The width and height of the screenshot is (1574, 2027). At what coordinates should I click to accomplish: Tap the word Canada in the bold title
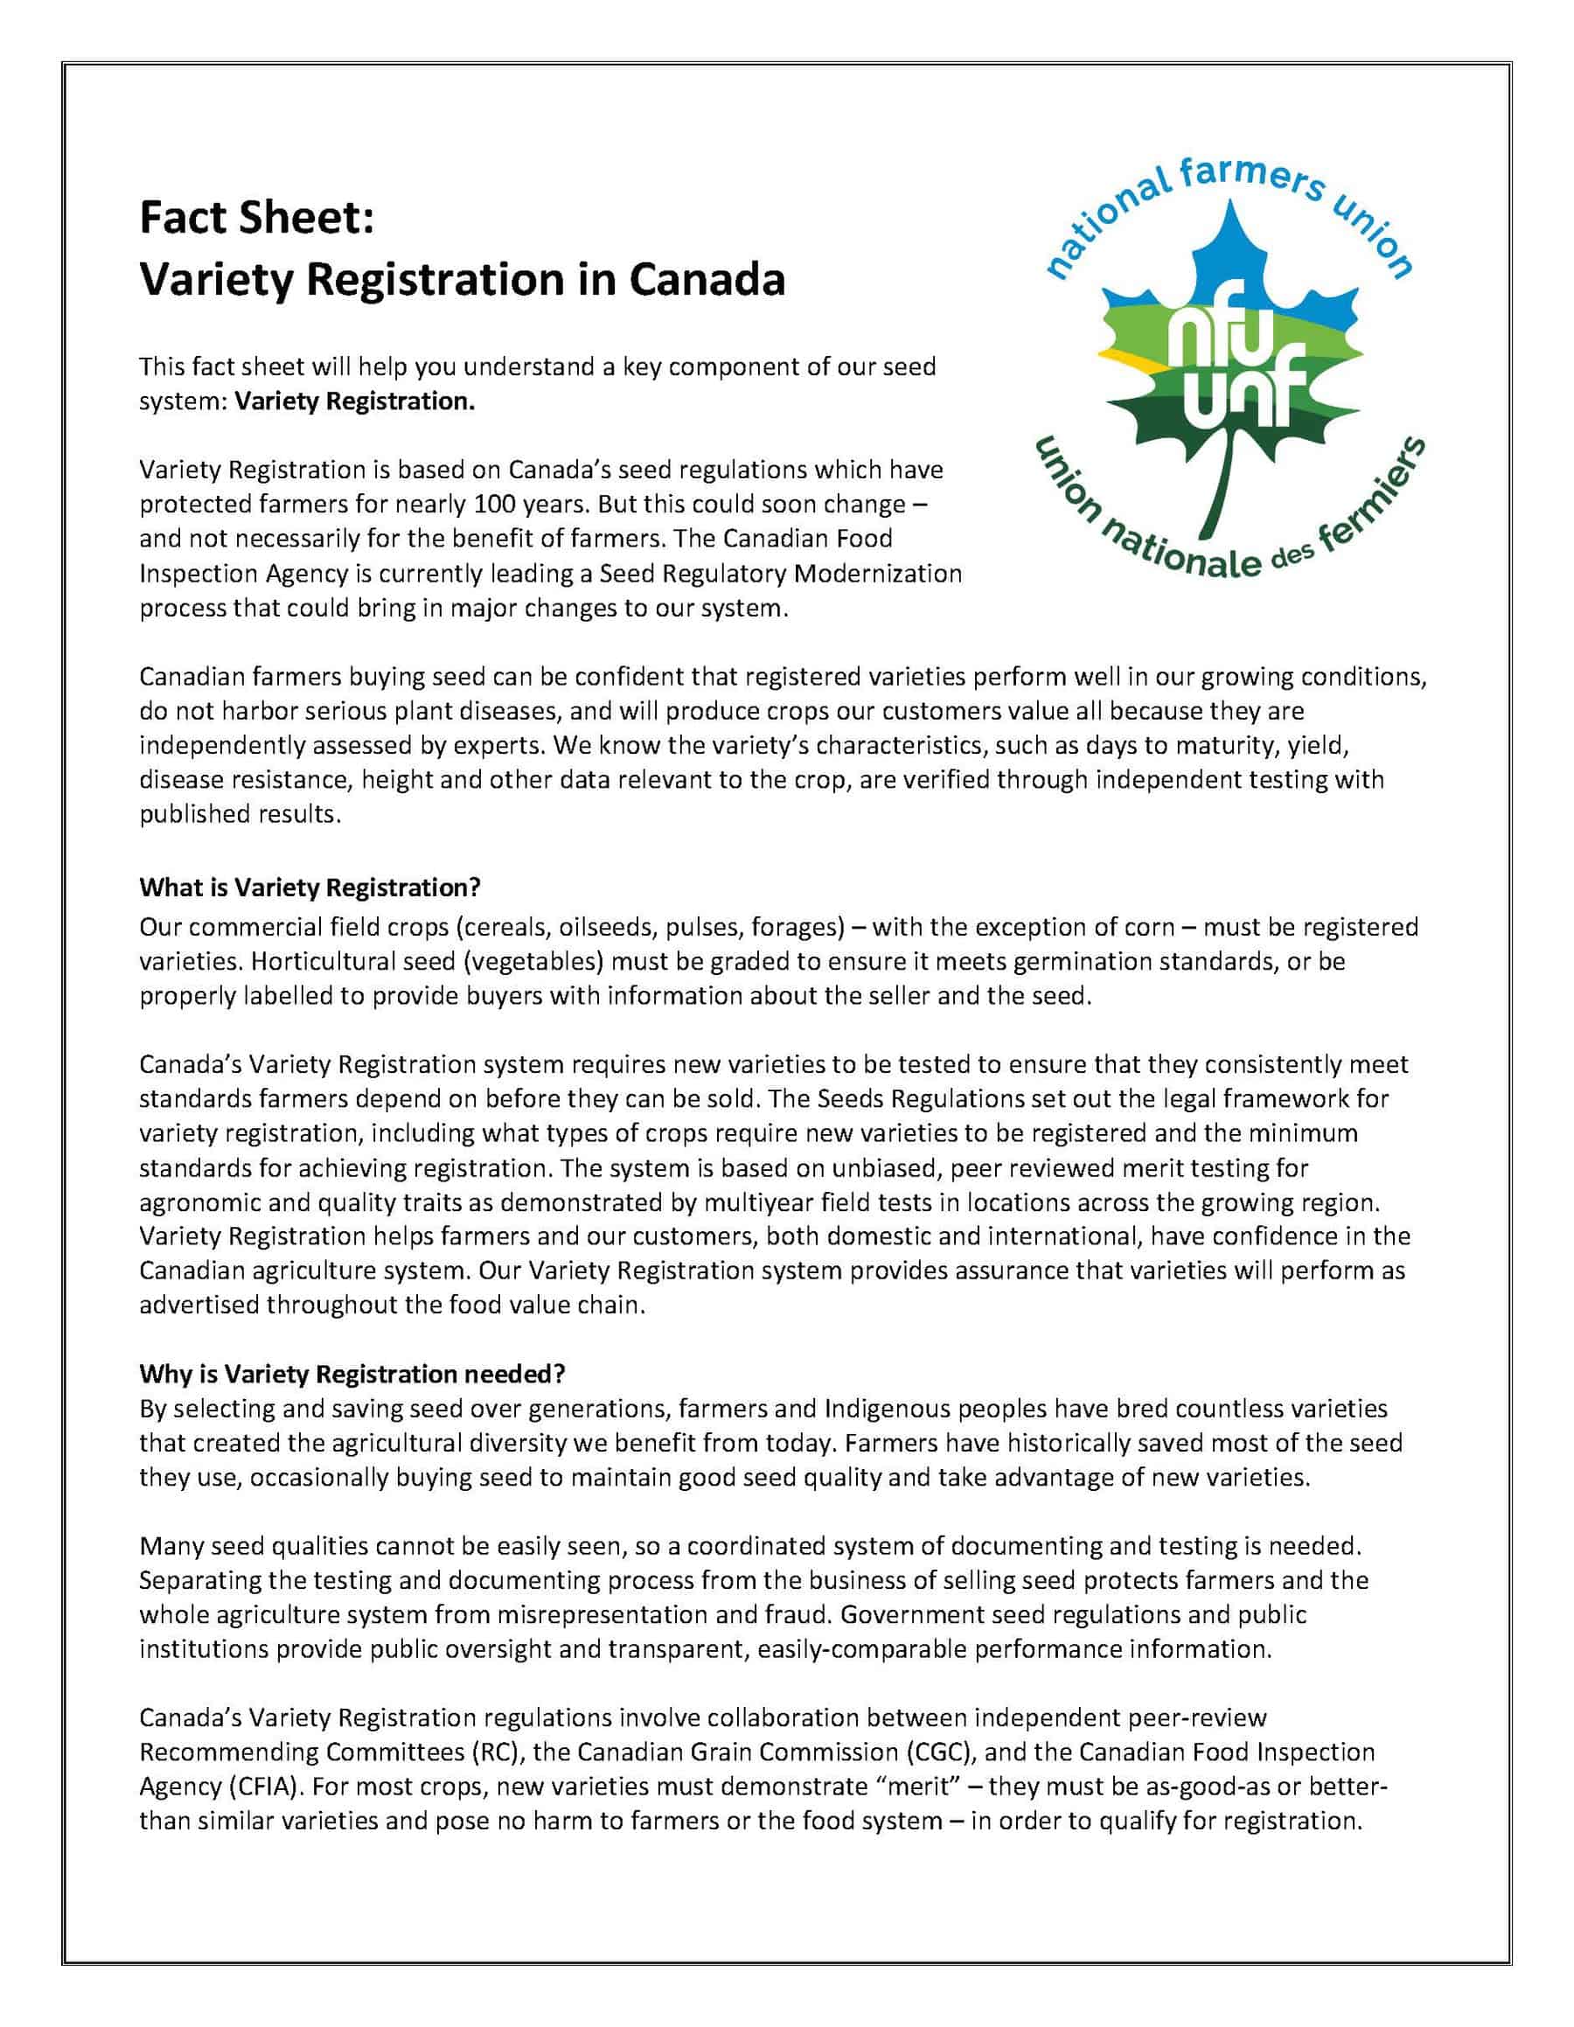(707, 279)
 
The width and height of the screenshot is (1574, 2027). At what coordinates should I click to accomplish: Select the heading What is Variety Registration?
(310, 888)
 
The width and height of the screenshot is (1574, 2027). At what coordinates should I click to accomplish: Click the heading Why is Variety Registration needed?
(352, 1374)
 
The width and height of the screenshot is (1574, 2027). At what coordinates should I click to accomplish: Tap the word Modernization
(878, 574)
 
